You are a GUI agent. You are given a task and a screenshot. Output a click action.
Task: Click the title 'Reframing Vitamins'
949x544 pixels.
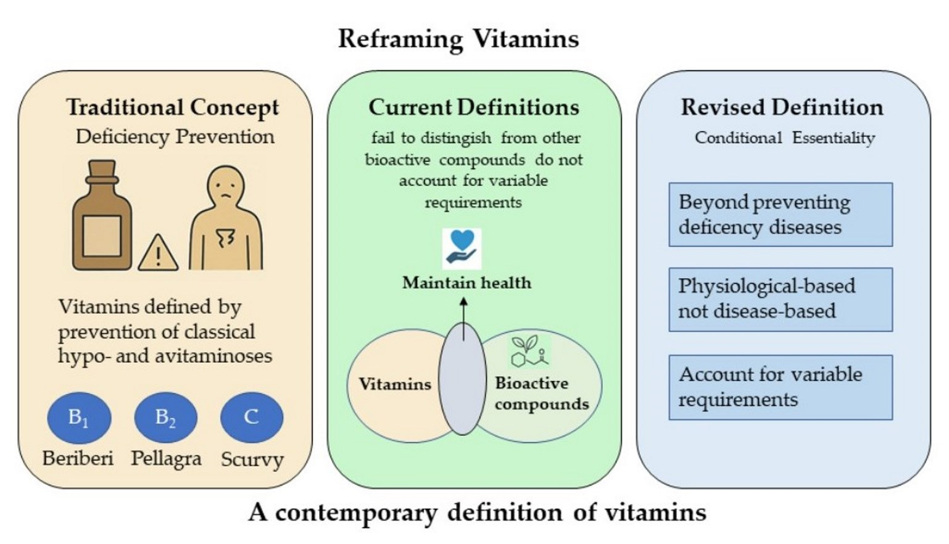(x=458, y=39)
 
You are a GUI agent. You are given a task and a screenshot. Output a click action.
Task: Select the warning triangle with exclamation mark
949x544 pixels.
(x=158, y=253)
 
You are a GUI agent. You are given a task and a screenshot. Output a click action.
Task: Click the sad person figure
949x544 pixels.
(x=226, y=219)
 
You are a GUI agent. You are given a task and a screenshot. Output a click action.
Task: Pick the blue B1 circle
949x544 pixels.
(x=79, y=418)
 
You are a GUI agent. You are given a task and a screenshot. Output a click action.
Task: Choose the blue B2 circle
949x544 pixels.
(x=165, y=418)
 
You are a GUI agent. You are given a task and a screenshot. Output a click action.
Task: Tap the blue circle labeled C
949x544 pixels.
(x=251, y=418)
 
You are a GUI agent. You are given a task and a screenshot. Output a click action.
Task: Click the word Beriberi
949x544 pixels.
(x=78, y=459)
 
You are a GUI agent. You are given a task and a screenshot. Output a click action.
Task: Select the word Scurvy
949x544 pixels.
(x=252, y=460)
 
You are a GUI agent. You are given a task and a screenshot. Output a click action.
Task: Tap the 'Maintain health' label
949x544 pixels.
(x=466, y=282)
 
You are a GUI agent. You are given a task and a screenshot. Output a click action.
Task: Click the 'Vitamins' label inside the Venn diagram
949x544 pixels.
(x=395, y=384)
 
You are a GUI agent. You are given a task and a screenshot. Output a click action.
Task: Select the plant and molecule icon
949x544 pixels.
(x=529, y=351)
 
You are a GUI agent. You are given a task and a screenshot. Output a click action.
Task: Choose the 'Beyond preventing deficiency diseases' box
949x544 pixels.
(x=781, y=215)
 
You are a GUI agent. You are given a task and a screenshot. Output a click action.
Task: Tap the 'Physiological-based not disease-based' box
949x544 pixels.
(x=781, y=299)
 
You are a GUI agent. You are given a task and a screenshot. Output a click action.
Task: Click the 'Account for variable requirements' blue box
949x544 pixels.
(x=781, y=387)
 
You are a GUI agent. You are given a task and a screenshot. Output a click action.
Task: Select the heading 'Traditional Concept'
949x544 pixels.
(x=173, y=107)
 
